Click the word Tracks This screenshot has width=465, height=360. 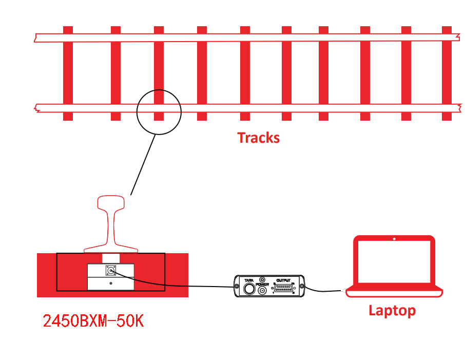click(x=258, y=138)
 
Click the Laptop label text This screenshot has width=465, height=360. click(x=392, y=310)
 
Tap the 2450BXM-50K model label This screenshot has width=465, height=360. click(x=93, y=321)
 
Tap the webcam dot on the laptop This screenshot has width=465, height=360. click(x=394, y=239)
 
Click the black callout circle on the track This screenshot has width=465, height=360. click(x=159, y=112)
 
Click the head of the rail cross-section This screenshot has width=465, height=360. click(x=111, y=202)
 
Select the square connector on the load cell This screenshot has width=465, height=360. click(x=110, y=270)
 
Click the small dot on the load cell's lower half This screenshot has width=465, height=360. click(x=111, y=283)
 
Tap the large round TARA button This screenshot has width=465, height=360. click(x=249, y=289)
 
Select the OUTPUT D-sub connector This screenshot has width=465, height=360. click(x=283, y=290)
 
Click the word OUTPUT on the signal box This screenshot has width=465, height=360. click(x=283, y=280)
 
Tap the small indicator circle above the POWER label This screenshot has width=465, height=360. click(x=262, y=279)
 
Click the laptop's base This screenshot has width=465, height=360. click(x=394, y=293)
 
